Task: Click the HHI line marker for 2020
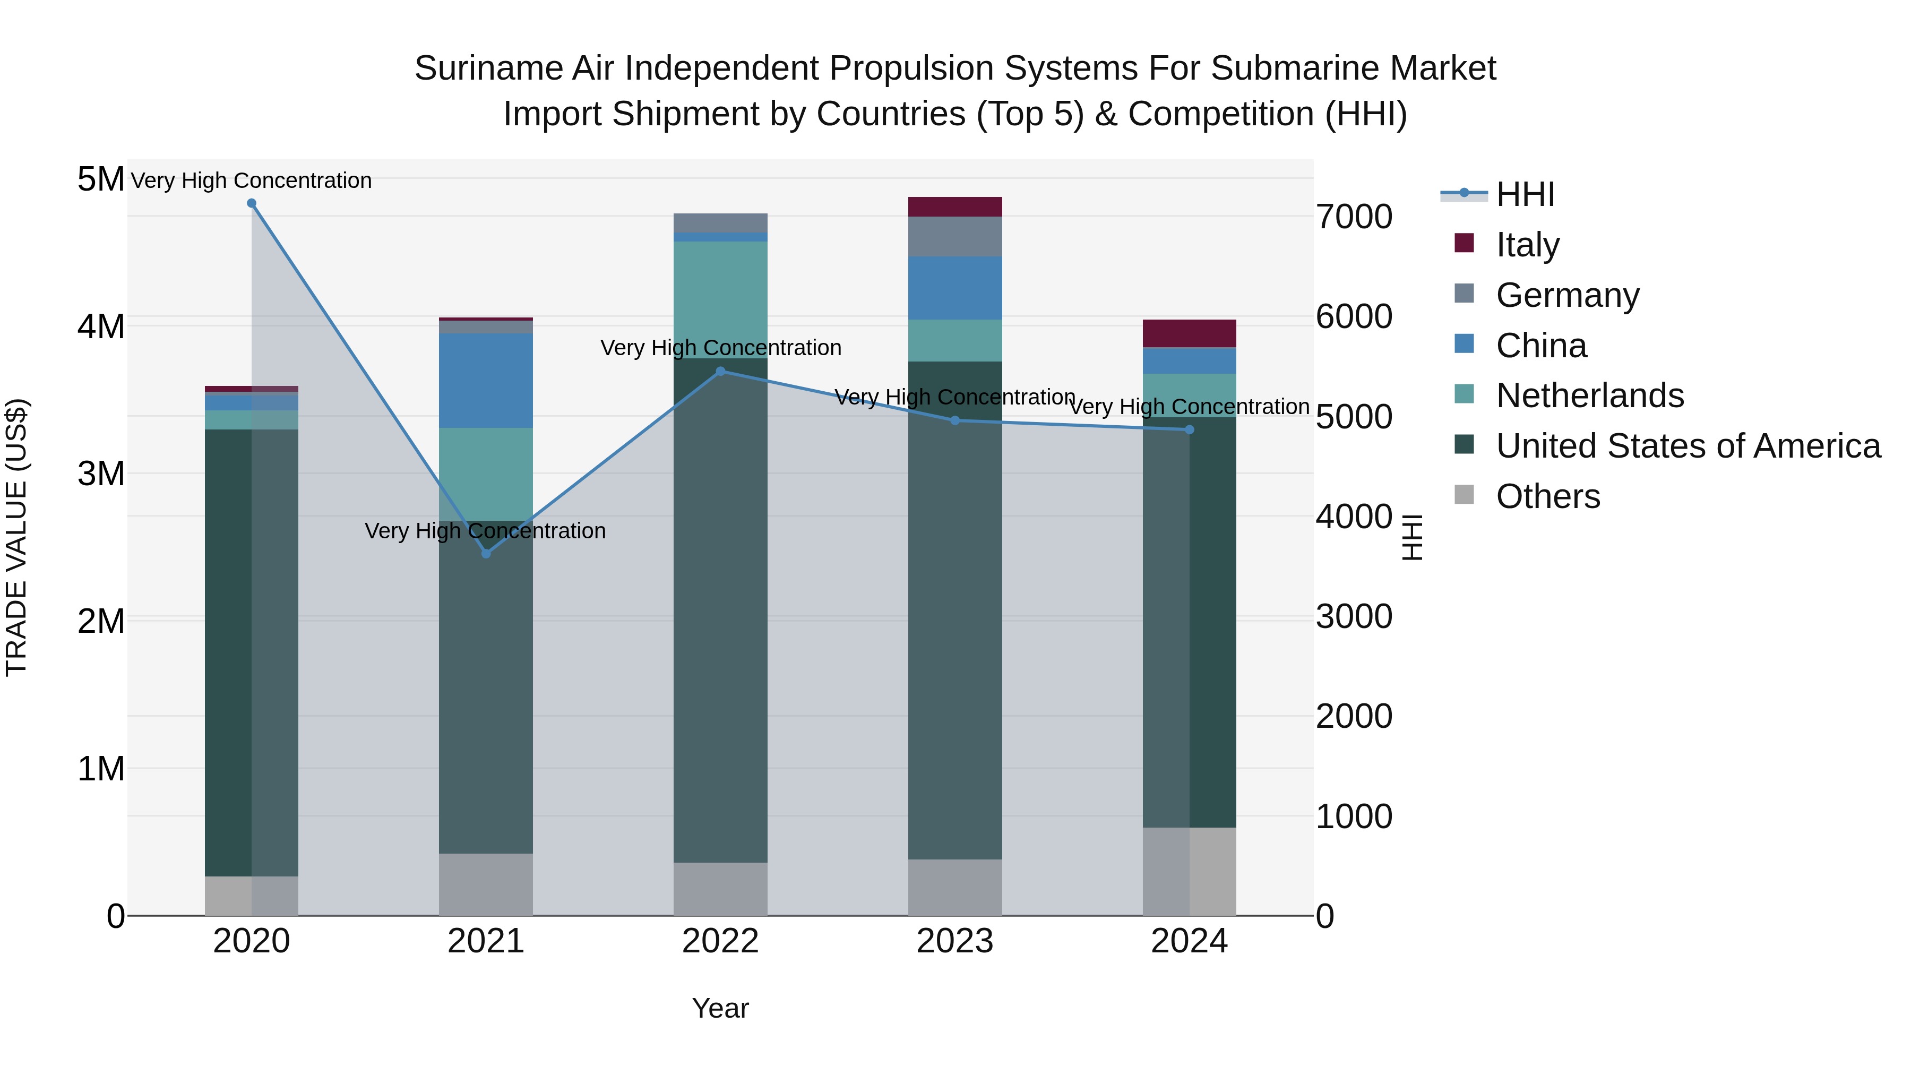tap(252, 203)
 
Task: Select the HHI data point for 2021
tap(486, 554)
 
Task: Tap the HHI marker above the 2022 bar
tap(720, 371)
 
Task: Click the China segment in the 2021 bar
tap(486, 380)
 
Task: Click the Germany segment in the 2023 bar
tap(955, 237)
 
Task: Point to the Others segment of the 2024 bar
tap(1189, 871)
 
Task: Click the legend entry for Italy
tap(1527, 244)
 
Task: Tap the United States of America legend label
tap(1688, 446)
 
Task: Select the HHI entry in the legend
tap(1525, 194)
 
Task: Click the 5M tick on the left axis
tap(100, 179)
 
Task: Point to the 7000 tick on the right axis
tap(1354, 217)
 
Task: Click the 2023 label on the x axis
tap(955, 941)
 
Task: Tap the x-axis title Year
tap(720, 1008)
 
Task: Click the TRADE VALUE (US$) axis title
tap(16, 537)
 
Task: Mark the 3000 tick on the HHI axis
tap(1354, 616)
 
